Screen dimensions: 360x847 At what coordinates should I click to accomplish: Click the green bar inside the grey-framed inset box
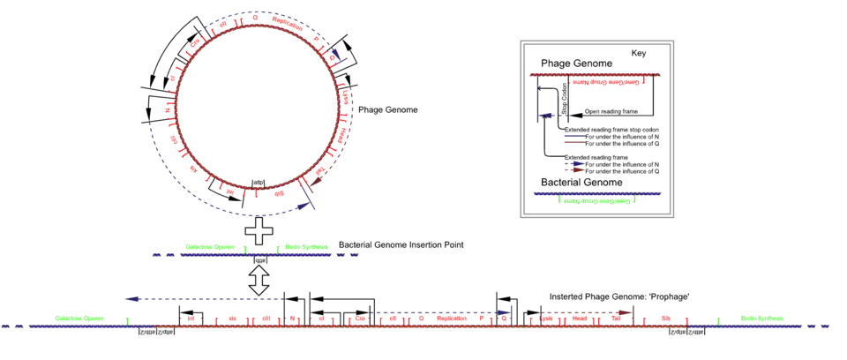coord(597,200)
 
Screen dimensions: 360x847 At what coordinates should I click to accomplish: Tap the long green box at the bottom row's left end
coord(78,318)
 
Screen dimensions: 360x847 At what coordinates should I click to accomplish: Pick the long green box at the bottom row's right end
coord(763,318)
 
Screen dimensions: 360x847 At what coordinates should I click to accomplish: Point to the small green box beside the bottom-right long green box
coord(720,318)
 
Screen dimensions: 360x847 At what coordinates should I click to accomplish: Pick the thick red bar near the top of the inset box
coord(608,82)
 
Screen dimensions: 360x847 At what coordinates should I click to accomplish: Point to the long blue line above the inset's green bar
coord(597,193)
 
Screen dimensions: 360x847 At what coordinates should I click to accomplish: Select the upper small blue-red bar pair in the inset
coord(572,139)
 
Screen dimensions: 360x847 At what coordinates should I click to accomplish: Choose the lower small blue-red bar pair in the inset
coord(572,165)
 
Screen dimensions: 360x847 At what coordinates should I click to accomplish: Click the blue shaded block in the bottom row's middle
coord(441,314)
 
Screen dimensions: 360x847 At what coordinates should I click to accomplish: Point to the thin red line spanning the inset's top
coord(596,74)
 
